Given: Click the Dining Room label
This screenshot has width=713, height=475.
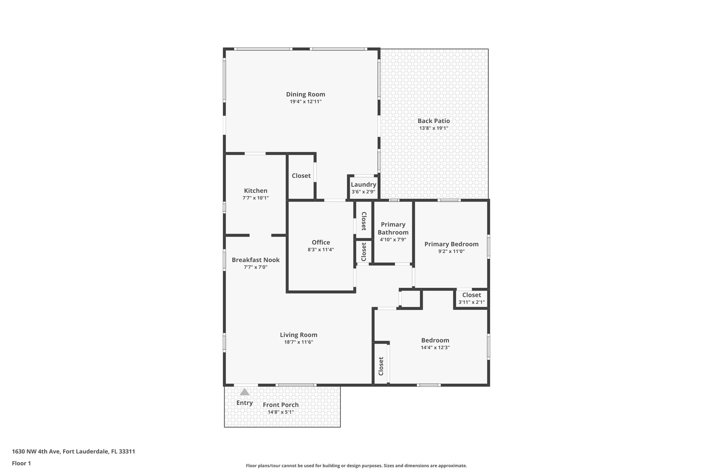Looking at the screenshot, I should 305,94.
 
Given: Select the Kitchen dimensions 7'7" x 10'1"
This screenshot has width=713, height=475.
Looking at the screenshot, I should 256,198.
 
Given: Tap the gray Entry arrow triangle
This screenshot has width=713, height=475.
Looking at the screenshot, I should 245,392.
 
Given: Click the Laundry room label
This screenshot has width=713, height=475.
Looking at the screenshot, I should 363,184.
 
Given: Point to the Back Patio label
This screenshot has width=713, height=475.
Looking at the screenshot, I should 433,121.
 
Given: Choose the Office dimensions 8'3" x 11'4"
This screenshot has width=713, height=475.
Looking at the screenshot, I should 321,250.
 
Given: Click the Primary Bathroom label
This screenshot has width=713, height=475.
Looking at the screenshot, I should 393,228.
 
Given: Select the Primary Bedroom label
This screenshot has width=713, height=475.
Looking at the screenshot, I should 451,244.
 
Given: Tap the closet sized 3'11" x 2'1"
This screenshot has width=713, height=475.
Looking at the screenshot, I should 471,299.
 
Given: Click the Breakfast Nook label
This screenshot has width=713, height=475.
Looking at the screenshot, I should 256,260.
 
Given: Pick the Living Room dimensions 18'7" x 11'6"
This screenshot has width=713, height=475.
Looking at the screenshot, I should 298,342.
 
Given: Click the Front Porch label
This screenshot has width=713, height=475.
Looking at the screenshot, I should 281,405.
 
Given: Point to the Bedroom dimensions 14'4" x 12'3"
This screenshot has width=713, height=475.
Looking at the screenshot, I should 435,347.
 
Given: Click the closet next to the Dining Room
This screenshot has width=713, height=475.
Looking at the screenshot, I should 301,176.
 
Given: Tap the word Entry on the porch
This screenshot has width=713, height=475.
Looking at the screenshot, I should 244,403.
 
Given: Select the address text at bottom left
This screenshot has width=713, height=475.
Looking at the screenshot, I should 73,451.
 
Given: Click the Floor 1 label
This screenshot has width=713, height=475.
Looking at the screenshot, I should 21,463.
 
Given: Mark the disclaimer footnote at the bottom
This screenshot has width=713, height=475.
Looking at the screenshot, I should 356,466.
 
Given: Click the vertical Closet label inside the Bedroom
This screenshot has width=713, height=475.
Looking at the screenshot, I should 381,366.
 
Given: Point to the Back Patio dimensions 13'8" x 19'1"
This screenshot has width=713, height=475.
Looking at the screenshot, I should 433,128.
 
